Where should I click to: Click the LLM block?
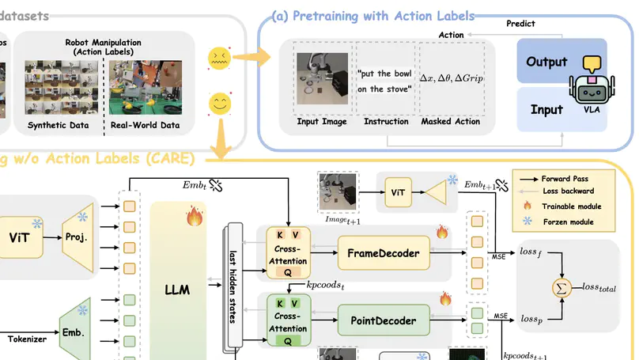178,290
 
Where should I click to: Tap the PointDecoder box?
384,321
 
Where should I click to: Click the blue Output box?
546,62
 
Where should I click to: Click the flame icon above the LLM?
195,217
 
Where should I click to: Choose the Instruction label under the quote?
386,122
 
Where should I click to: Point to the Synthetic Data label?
59,125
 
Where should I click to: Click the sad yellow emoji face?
218,57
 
